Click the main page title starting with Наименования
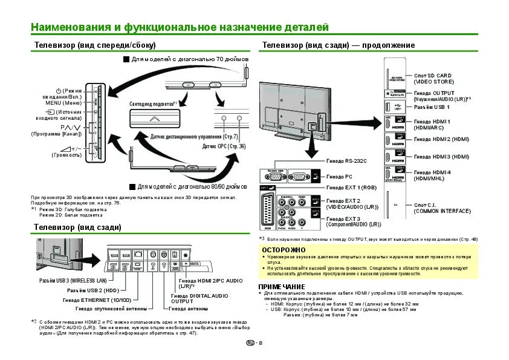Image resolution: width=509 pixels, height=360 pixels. point(180,27)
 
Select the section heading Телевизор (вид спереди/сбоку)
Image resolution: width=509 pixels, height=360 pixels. point(95,45)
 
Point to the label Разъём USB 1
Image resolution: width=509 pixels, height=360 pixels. point(432,106)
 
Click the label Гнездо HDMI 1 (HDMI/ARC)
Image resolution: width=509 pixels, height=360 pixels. point(432,125)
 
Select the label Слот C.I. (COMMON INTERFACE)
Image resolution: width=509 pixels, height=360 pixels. point(442,208)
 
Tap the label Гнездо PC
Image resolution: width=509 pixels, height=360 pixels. point(339,177)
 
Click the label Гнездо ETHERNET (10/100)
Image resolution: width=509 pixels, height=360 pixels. point(97,300)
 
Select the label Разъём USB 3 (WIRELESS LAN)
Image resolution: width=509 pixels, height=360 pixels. point(73,281)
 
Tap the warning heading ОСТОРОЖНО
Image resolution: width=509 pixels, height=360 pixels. point(280,249)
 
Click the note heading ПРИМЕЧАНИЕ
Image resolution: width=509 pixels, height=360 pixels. point(281,286)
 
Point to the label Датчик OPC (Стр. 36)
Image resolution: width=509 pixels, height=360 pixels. point(224,146)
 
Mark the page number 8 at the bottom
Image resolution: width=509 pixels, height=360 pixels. point(261,344)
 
